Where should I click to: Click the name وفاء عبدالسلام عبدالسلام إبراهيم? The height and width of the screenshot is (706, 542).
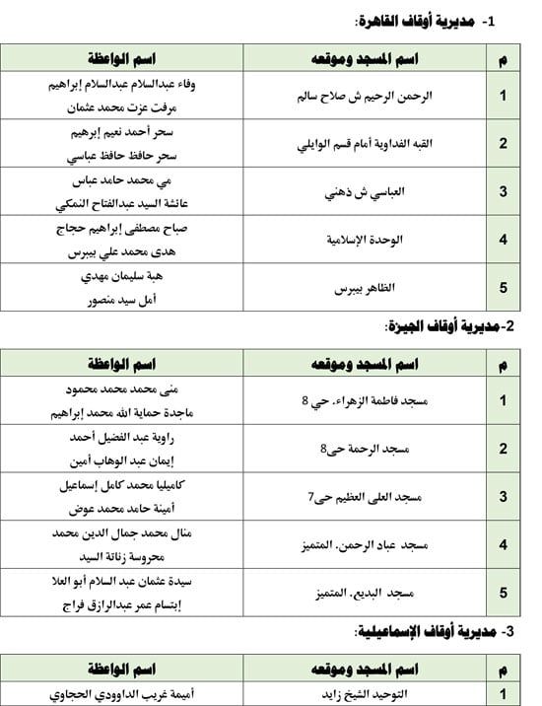click(123, 85)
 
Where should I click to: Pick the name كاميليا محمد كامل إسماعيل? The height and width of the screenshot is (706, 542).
click(123, 486)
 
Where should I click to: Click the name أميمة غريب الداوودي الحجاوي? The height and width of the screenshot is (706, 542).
click(123, 694)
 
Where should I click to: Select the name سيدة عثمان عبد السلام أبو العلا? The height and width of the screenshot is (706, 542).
click(123, 583)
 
